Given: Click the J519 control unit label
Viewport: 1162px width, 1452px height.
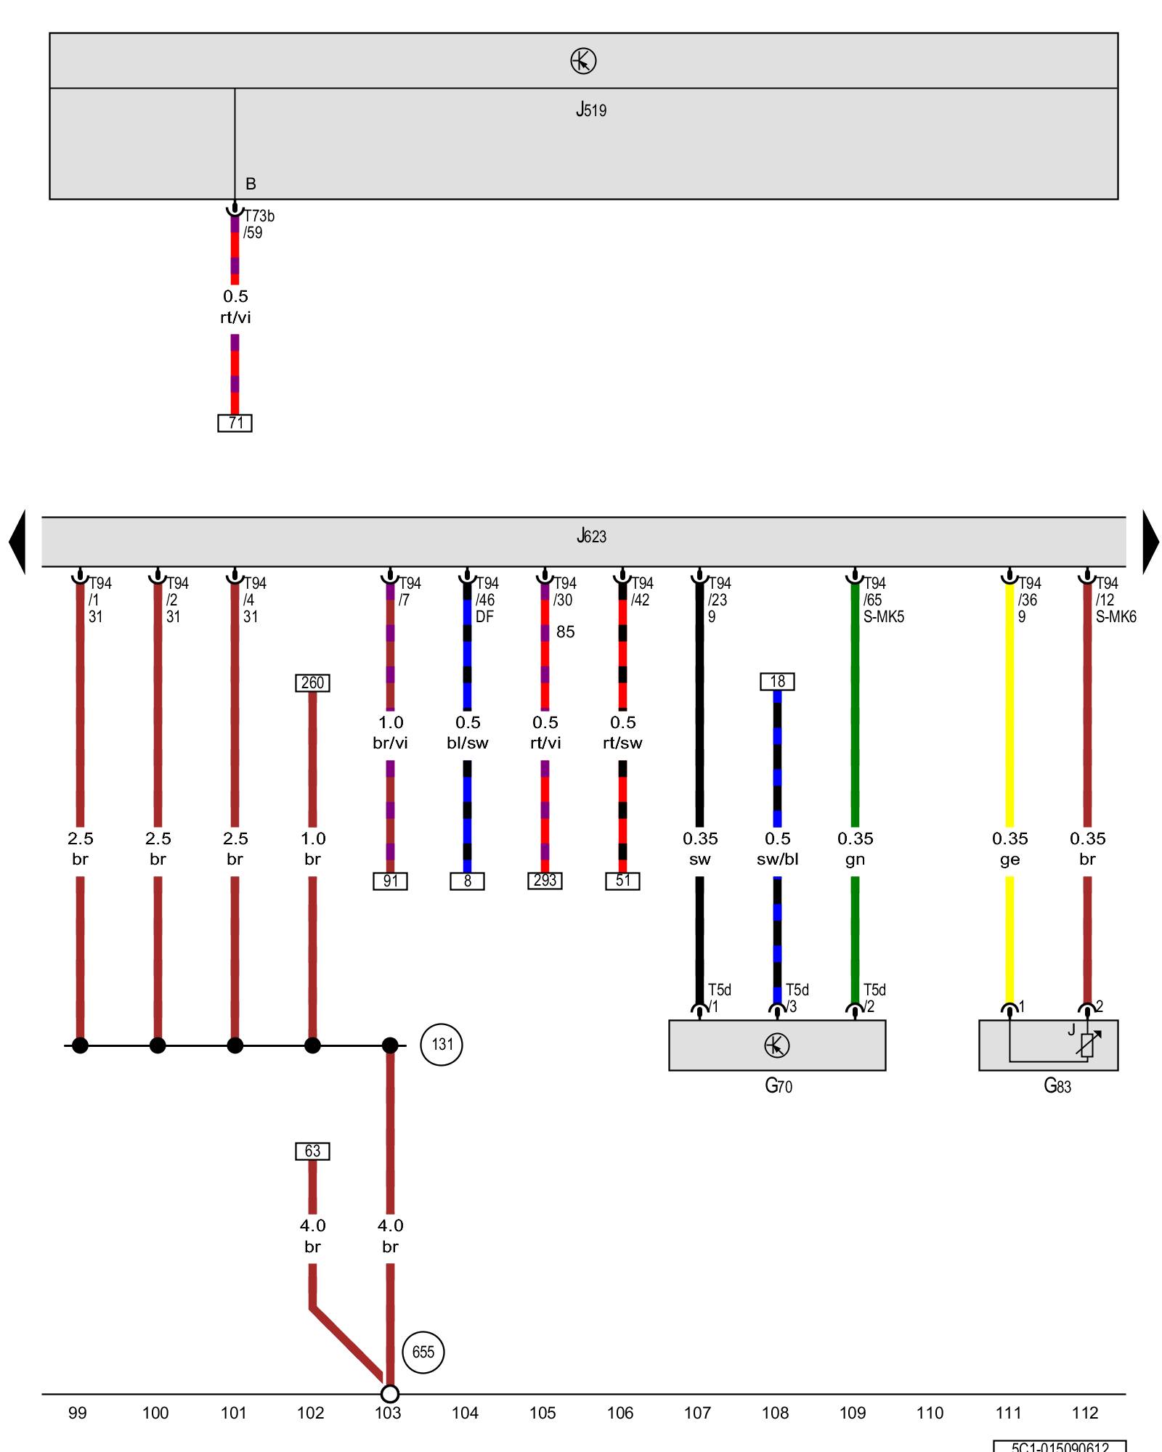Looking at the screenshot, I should (x=591, y=110).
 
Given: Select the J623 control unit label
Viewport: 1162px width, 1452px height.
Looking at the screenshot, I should (x=591, y=537).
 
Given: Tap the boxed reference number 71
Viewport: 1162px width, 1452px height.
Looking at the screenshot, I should (x=235, y=423).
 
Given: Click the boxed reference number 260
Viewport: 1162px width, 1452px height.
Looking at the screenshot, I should (x=312, y=682).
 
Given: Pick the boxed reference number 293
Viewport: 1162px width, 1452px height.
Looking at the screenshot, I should (x=545, y=881).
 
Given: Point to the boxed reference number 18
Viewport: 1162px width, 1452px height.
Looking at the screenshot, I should (x=777, y=681).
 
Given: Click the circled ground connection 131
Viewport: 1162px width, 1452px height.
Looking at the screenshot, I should (x=442, y=1045).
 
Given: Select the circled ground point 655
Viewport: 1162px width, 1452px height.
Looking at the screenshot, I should (x=423, y=1352).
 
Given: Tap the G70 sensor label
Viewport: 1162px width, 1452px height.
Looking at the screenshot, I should (x=779, y=1086).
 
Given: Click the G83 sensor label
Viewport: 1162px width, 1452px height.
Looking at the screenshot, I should (x=1057, y=1086).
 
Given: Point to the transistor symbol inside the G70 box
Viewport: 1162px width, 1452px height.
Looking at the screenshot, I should (x=777, y=1045).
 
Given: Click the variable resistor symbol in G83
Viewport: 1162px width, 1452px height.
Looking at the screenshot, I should (x=1088, y=1044).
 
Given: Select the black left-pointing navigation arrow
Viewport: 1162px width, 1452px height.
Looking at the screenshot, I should (x=17, y=542).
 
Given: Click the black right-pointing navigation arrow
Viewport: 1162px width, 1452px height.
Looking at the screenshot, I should (x=1150, y=542).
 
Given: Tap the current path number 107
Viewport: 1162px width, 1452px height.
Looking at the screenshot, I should (x=697, y=1413).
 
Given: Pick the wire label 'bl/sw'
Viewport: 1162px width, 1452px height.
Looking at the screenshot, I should (x=468, y=743).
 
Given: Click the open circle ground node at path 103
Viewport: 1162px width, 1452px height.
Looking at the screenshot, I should (x=390, y=1394).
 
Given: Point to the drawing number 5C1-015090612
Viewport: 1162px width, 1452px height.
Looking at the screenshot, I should (x=1060, y=1446).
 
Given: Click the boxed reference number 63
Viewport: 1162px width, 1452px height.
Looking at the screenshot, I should (x=312, y=1151).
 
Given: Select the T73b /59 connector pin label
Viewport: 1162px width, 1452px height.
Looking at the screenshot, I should (x=259, y=224).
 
